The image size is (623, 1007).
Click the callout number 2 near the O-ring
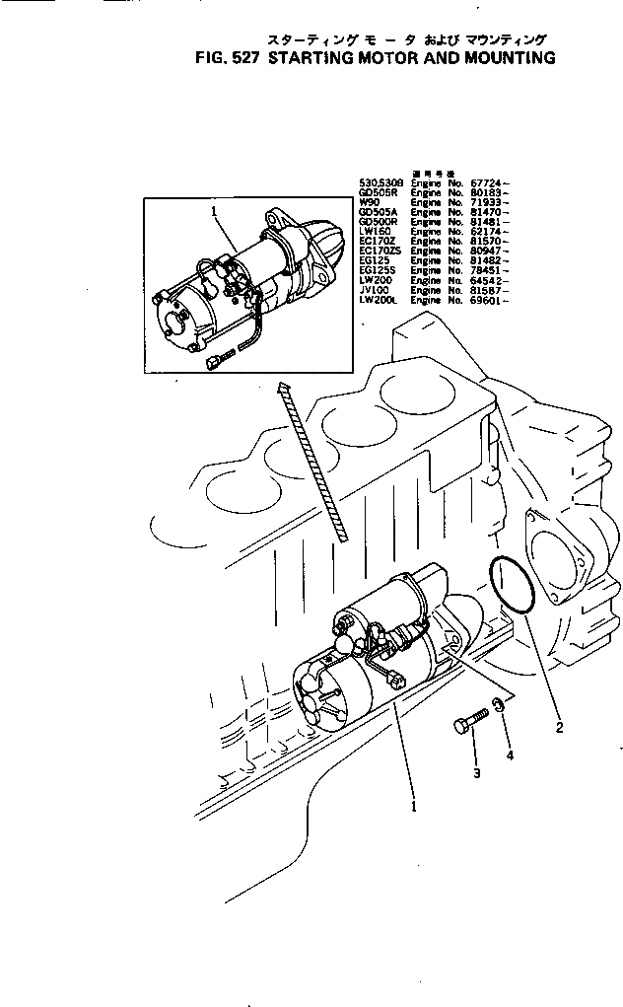(559, 729)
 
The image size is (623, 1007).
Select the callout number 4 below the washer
(510, 755)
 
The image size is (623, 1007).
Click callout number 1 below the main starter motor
(414, 806)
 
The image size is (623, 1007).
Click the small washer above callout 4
(500, 704)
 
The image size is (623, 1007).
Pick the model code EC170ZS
(378, 251)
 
